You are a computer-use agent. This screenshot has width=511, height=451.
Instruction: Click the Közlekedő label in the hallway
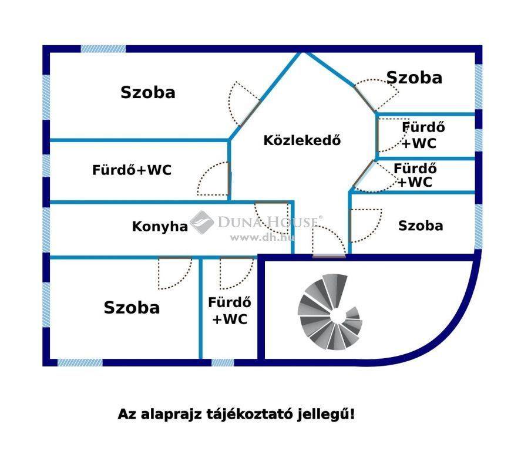(302, 140)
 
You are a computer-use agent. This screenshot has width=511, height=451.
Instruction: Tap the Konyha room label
(160, 227)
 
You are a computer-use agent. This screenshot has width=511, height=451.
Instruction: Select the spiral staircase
(330, 312)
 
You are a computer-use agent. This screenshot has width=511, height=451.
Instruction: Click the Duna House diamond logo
(201, 222)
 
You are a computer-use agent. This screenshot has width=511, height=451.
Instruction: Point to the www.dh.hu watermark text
(262, 238)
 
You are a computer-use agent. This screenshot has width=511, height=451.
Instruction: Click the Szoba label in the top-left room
(148, 93)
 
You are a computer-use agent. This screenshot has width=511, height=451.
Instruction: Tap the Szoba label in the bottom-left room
(132, 308)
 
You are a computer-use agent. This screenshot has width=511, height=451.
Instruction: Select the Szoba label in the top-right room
(414, 78)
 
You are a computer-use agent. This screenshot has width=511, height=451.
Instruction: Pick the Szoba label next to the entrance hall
(421, 226)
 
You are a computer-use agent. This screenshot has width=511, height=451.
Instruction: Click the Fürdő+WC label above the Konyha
(132, 170)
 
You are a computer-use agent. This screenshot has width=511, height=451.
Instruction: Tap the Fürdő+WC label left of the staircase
(230, 311)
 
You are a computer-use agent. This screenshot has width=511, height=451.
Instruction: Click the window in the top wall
(103, 49)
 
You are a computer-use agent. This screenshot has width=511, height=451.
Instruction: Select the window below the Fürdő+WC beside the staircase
(223, 362)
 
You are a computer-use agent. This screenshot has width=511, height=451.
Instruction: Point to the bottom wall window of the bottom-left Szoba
(80, 362)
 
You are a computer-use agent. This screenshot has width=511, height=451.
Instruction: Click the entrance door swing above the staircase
(328, 241)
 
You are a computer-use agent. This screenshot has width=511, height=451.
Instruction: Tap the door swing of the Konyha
(272, 217)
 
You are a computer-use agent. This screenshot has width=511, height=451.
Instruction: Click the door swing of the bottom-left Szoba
(175, 274)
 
